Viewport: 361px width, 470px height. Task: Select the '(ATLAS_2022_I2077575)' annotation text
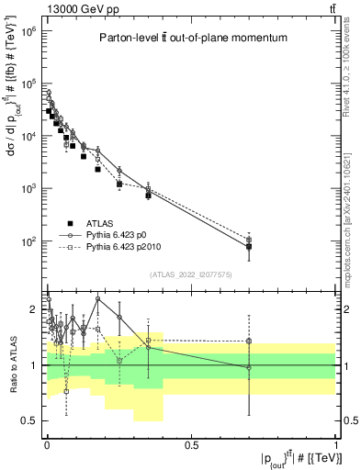pos(191,274)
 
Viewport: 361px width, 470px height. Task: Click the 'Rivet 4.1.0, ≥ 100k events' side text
pos(352,73)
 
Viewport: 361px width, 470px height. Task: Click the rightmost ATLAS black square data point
pos(249,247)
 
